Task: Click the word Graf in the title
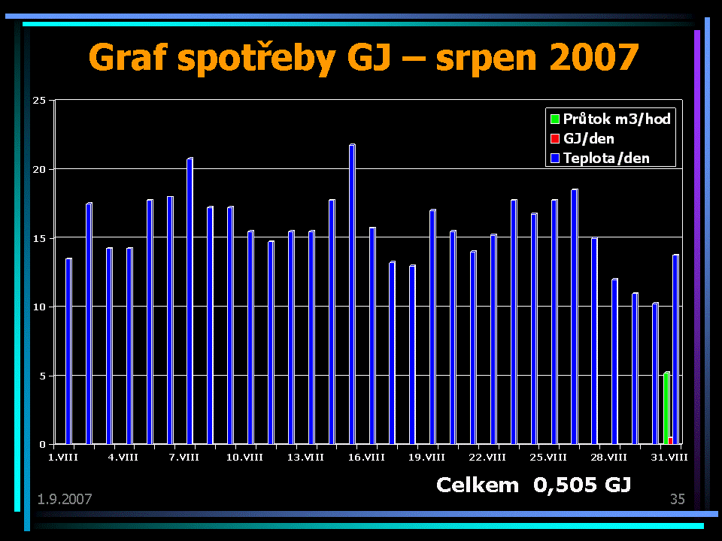click(128, 58)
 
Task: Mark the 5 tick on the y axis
click(42, 376)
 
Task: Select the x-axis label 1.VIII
click(62, 457)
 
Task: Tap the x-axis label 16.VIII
click(368, 457)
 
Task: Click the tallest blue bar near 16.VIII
click(352, 293)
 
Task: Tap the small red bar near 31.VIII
click(670, 440)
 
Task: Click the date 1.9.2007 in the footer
click(64, 499)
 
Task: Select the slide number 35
click(677, 499)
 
